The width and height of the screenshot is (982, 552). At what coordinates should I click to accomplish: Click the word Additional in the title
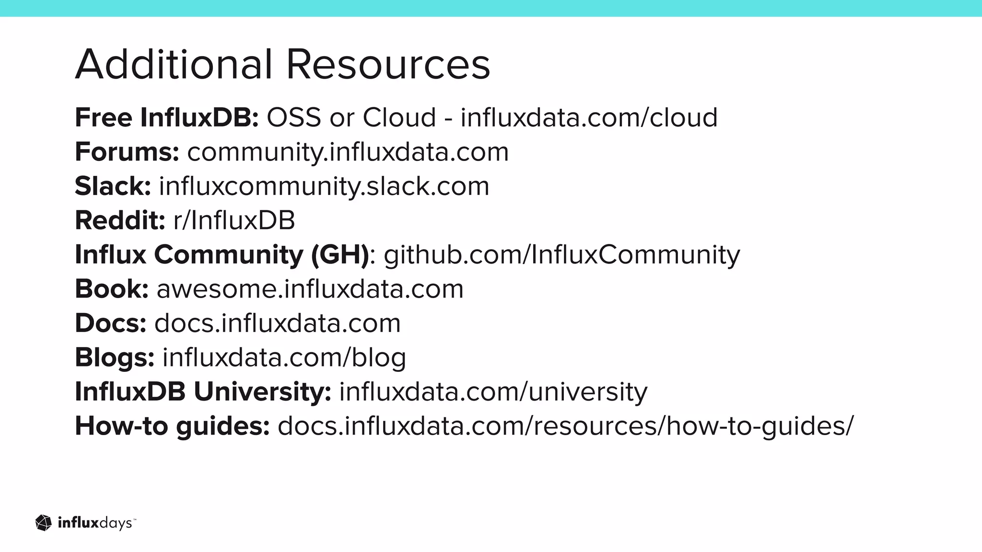click(x=174, y=64)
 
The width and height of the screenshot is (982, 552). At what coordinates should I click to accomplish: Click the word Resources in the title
click(x=388, y=64)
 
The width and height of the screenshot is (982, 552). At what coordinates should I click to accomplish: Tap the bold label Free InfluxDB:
click(x=167, y=117)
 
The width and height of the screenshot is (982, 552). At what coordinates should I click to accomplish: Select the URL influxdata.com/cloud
click(x=589, y=117)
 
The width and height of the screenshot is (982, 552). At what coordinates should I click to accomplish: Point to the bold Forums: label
click(x=127, y=152)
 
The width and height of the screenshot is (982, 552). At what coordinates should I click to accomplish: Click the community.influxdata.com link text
click(x=348, y=152)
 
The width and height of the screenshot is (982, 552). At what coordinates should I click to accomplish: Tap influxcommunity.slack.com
click(x=324, y=186)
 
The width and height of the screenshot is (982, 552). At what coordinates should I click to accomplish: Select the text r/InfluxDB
click(x=234, y=220)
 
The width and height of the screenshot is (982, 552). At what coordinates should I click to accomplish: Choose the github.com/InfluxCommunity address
click(x=562, y=254)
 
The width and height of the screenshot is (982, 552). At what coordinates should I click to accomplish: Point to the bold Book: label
click(x=112, y=289)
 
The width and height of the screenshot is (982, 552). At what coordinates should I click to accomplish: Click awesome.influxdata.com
click(x=310, y=289)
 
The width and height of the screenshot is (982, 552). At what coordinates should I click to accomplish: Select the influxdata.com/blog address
click(x=284, y=357)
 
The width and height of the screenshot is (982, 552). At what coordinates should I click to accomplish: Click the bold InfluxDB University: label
click(x=203, y=392)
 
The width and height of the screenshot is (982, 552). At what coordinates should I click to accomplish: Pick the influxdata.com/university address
click(x=493, y=392)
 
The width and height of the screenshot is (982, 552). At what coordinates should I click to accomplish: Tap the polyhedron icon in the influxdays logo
click(x=44, y=523)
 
